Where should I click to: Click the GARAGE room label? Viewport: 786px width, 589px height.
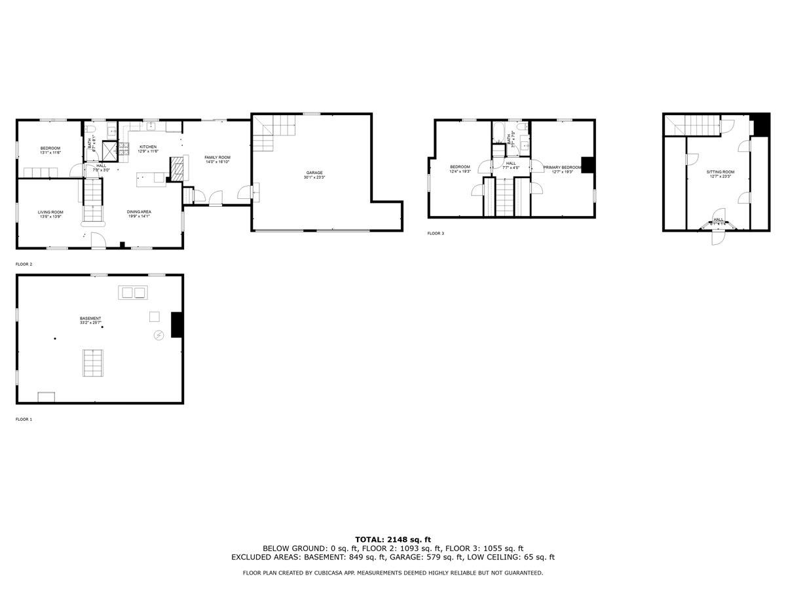(x=313, y=173)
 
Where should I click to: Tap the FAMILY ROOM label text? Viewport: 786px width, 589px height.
(x=217, y=158)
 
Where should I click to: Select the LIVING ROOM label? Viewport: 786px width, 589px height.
(x=50, y=212)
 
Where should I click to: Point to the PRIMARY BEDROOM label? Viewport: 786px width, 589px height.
(x=562, y=168)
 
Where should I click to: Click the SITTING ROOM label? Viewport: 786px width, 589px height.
(x=720, y=172)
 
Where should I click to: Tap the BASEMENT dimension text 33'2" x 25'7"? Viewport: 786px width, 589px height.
(x=90, y=323)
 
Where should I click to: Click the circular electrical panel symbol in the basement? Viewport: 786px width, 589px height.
(x=159, y=336)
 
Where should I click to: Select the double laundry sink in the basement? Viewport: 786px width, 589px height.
(x=132, y=293)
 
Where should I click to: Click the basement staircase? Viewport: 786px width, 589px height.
(x=92, y=363)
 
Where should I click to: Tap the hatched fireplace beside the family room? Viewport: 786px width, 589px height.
(x=177, y=169)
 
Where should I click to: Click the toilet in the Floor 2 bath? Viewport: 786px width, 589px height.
(x=94, y=138)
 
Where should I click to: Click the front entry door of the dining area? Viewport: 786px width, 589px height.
(x=97, y=241)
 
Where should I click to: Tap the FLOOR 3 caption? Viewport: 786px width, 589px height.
(x=436, y=233)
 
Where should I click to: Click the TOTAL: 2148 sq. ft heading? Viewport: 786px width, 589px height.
(x=393, y=539)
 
